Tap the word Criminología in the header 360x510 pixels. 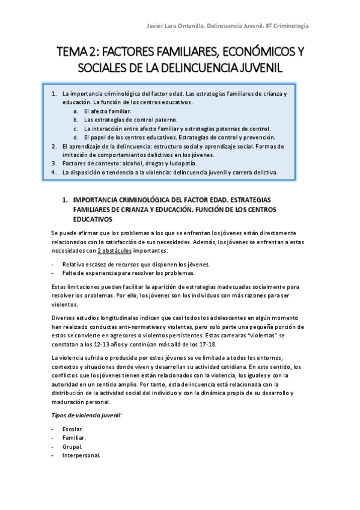[291, 26]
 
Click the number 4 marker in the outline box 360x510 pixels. [54, 171]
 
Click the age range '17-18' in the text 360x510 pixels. [204, 344]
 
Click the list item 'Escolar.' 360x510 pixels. [73, 429]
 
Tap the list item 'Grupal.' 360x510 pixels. [72, 447]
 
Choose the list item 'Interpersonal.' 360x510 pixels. [81, 455]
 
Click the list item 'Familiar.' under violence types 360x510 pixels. [74, 438]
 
